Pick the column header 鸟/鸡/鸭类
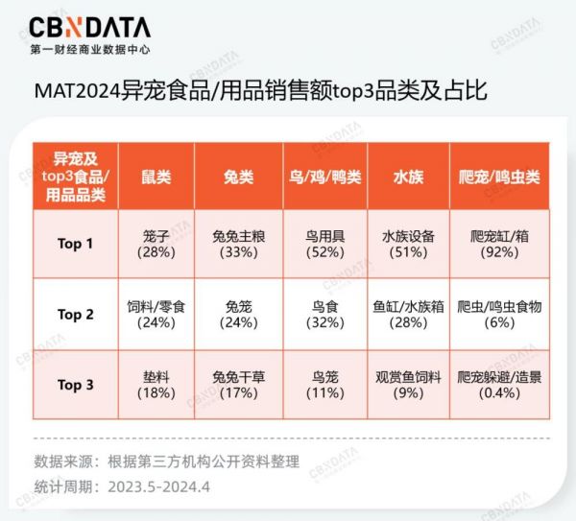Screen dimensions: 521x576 pos(325,177)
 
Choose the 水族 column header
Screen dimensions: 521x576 pos(408,177)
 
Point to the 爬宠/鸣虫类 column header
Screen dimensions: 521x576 pos(499,177)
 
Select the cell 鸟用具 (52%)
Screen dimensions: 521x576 pos(325,244)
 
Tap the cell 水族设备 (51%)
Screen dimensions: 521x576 pos(408,244)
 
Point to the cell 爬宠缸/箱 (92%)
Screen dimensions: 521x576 pos(499,244)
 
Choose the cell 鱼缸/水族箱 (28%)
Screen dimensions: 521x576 pos(408,315)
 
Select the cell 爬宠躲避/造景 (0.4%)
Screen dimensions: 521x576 pos(499,385)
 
